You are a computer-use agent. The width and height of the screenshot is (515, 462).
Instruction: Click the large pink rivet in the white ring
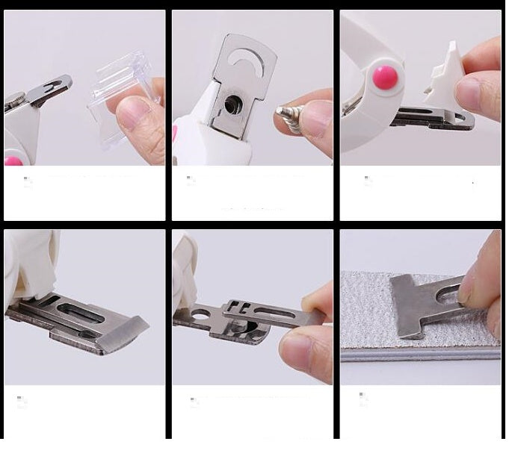pos(386,77)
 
